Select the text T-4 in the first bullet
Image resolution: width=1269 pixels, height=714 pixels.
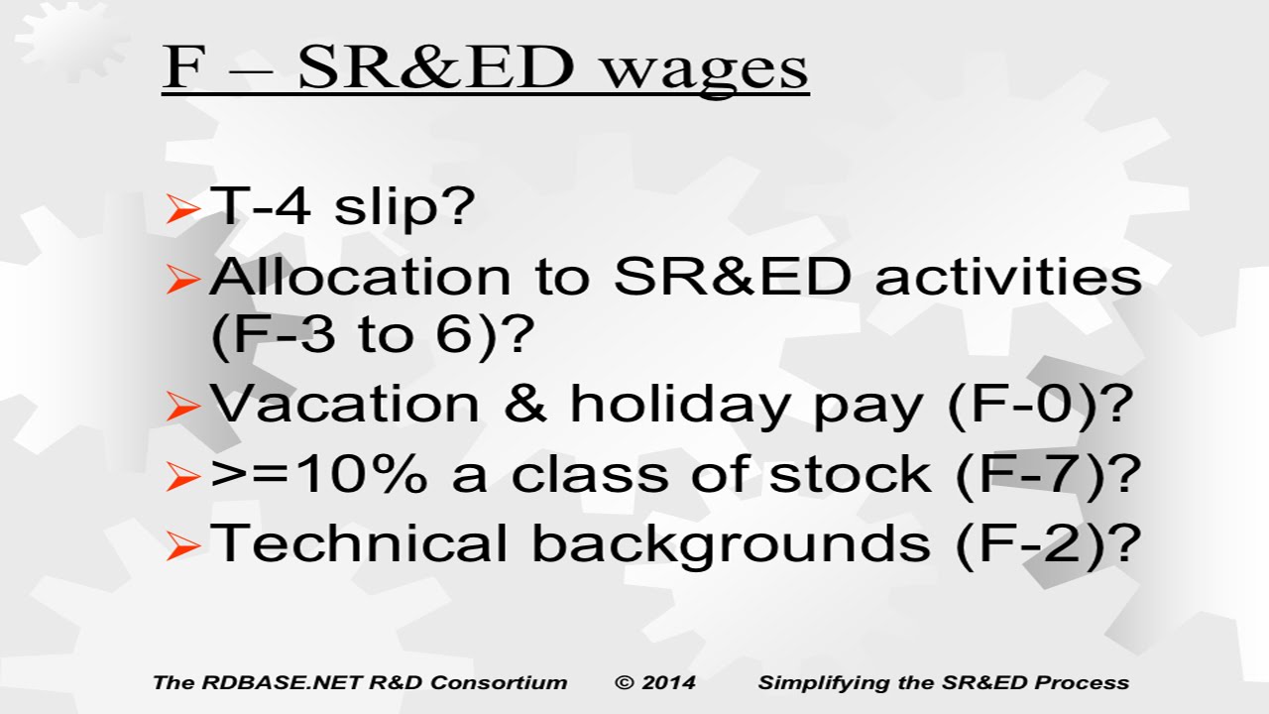pos(260,205)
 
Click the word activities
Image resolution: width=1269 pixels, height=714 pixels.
pos(1008,278)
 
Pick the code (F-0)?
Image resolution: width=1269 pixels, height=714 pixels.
pos(1041,405)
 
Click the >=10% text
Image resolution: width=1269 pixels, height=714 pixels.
pos(319,474)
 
